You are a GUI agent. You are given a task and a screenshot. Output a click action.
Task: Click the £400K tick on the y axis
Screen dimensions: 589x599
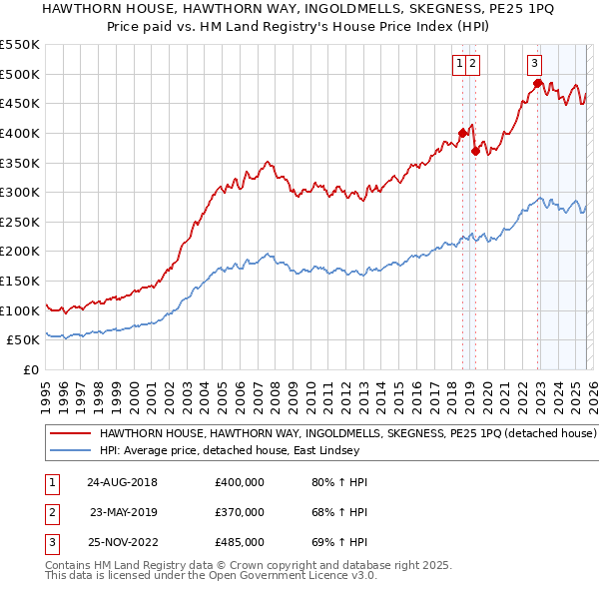pyautogui.click(x=20, y=133)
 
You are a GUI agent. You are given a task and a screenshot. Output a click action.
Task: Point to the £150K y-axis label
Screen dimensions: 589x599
pyautogui.click(x=20, y=281)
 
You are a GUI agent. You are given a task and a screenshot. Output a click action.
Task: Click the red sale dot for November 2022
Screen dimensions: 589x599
pyautogui.click(x=537, y=83)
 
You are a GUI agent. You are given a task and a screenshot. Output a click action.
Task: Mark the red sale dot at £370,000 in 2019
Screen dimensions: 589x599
pyautogui.click(x=475, y=151)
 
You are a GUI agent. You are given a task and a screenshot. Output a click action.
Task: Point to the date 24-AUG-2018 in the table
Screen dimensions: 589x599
pyautogui.click(x=122, y=482)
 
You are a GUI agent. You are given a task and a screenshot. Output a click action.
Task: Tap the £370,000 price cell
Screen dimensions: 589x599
pyautogui.click(x=240, y=512)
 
